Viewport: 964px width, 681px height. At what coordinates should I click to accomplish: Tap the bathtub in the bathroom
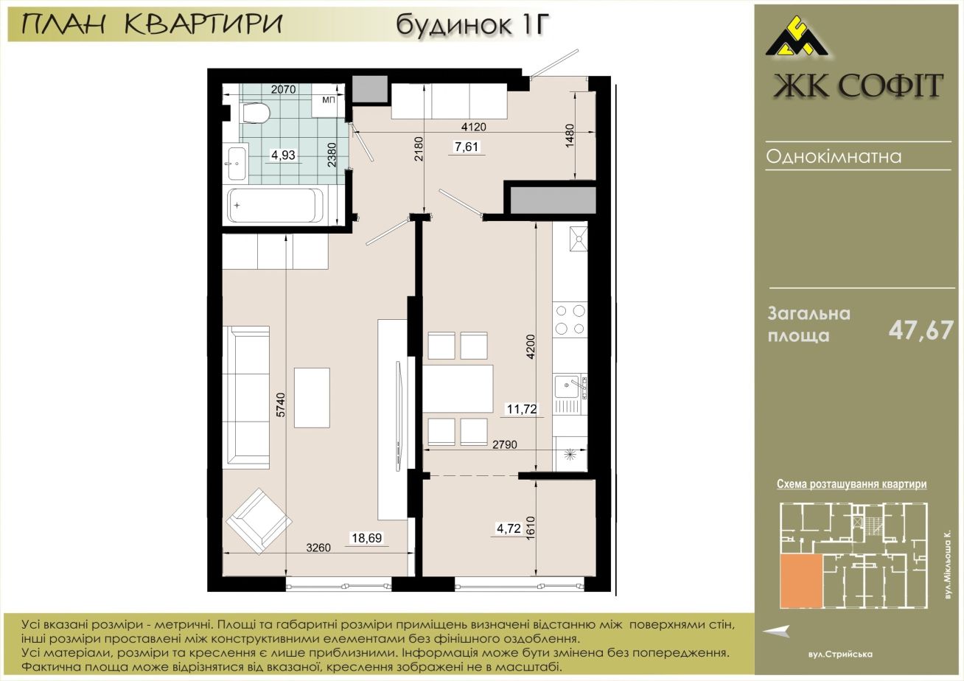pos(276,206)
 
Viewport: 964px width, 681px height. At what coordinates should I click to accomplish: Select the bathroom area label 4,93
pos(283,155)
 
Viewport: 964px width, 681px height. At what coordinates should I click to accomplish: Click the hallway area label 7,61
pos(467,147)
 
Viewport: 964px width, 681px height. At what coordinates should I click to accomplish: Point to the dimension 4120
pos(473,127)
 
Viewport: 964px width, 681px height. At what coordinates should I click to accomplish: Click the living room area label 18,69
pos(367,538)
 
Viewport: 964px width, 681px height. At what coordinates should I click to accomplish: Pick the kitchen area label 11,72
pos(522,408)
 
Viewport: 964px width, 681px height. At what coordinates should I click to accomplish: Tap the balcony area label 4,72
pos(509,528)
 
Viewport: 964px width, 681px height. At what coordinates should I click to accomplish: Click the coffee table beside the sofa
pos(312,397)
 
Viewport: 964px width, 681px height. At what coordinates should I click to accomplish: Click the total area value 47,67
pos(921,331)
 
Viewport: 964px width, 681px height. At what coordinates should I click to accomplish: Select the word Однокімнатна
pos(834,156)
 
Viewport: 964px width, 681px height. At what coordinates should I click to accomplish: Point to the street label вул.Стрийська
pos(840,654)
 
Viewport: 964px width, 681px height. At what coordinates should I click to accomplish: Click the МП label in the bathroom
pos(329,100)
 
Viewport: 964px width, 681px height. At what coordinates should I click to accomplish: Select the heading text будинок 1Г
pos(473,24)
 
